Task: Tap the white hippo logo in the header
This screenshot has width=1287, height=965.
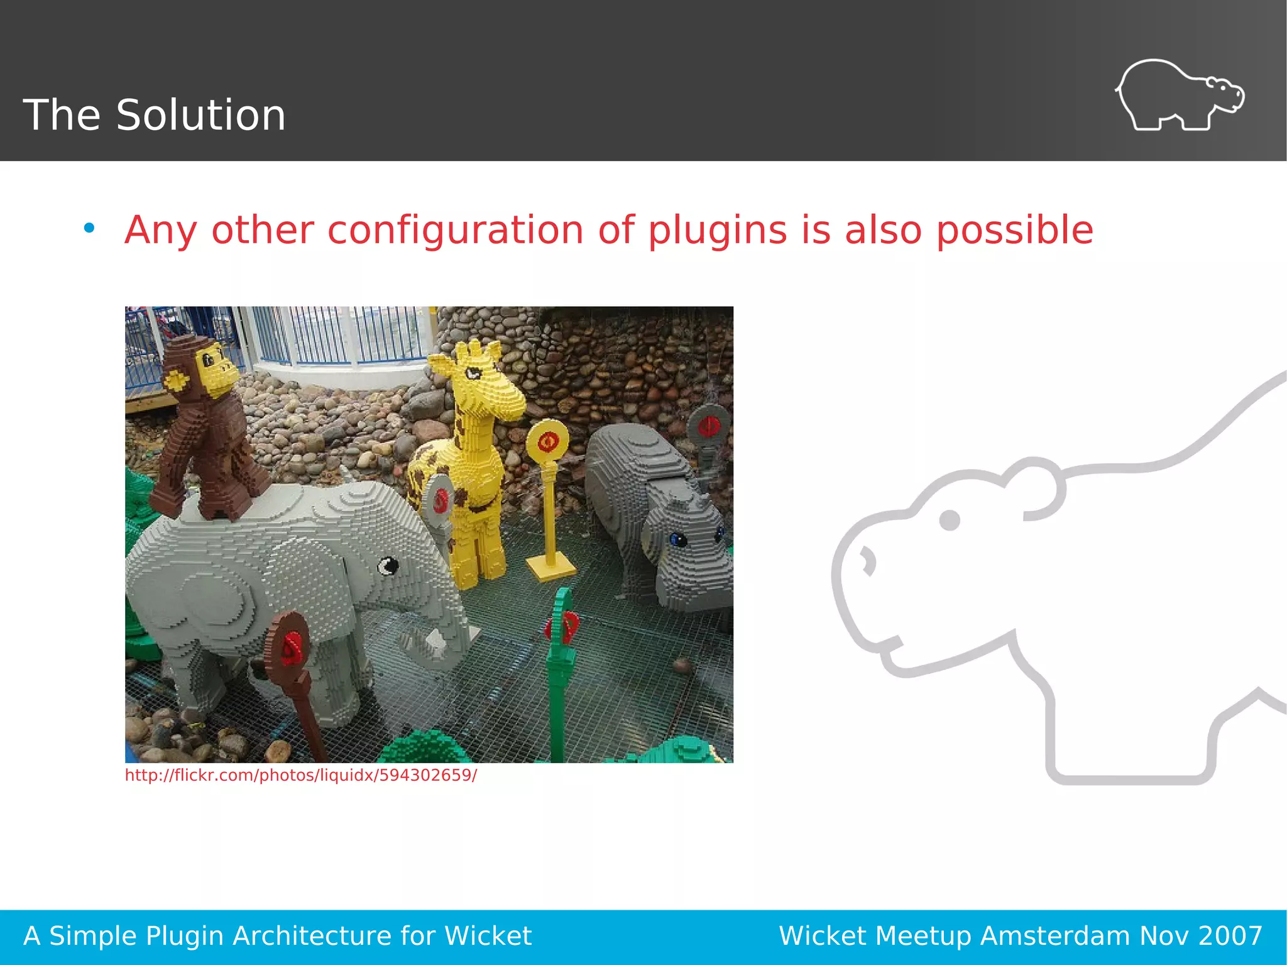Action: [x=1180, y=96]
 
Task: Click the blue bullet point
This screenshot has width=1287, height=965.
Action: [x=89, y=228]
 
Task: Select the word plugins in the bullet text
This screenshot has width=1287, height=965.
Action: [x=717, y=230]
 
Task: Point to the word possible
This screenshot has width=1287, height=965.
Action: [x=1014, y=230]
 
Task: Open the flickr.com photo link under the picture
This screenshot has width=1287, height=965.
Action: [x=301, y=775]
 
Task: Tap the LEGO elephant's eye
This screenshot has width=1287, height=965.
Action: [x=388, y=566]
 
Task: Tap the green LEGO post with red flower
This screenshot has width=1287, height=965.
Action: [x=561, y=660]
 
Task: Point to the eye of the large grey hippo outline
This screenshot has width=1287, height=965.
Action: [x=949, y=520]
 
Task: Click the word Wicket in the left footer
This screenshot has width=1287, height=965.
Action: [x=488, y=936]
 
